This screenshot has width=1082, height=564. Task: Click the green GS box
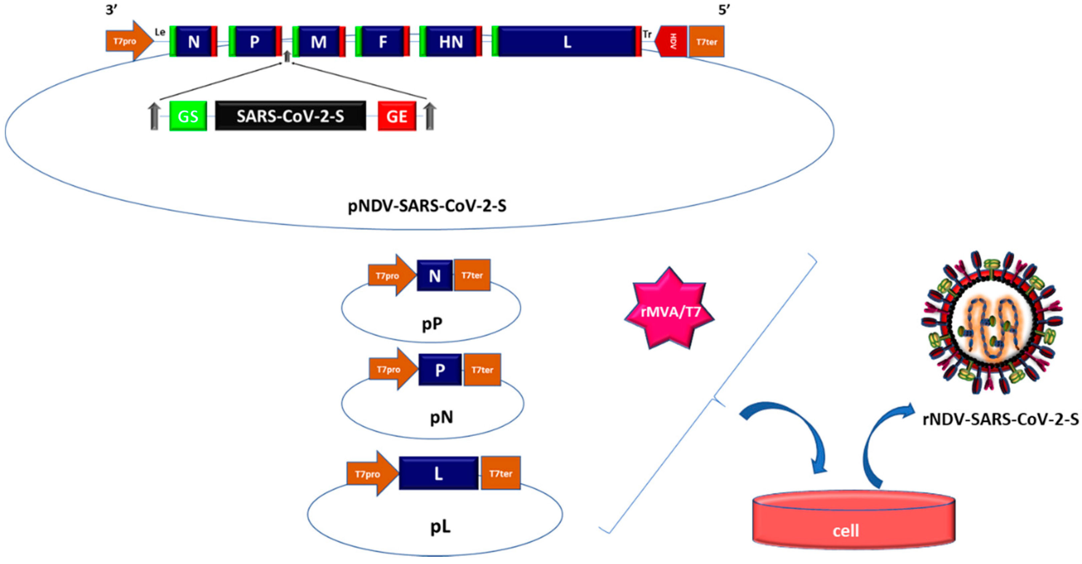188,116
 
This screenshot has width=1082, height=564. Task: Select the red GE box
397,116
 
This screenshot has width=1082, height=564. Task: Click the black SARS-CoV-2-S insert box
290,116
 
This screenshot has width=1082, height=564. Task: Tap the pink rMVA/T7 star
669,311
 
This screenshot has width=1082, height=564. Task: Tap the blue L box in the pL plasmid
438,474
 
